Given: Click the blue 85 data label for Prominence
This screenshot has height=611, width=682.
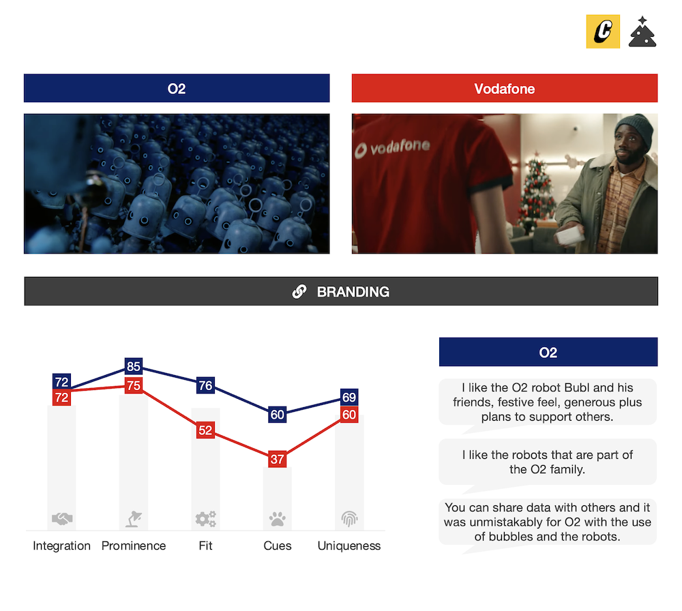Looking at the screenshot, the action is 134,366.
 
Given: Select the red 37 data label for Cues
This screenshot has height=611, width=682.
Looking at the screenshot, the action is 277,459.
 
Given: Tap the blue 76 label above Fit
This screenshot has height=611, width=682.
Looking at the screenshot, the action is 205,385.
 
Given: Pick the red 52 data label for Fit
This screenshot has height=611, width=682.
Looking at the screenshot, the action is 205,430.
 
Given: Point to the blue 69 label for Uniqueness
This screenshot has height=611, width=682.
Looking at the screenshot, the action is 349,397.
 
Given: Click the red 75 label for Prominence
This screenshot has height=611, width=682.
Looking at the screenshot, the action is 134,385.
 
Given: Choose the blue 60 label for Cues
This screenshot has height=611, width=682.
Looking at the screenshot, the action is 277,415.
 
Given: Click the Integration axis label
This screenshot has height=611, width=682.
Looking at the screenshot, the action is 62,546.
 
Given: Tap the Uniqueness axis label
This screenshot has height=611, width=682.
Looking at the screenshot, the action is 349,546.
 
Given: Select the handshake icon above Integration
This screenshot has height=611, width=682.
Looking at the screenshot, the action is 62,518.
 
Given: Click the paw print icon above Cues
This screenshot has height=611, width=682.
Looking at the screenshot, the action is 277,519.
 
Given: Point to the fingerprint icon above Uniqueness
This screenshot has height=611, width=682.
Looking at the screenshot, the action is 349,518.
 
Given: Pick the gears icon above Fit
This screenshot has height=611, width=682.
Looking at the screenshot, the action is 206,519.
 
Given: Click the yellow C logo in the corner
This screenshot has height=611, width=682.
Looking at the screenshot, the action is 603,31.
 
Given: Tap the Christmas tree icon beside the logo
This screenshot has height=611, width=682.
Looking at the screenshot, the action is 642,32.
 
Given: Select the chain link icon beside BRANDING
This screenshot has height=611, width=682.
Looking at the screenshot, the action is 299,291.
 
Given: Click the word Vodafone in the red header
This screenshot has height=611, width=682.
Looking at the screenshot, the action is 505,89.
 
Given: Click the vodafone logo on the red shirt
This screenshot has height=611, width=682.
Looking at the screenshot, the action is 392,148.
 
